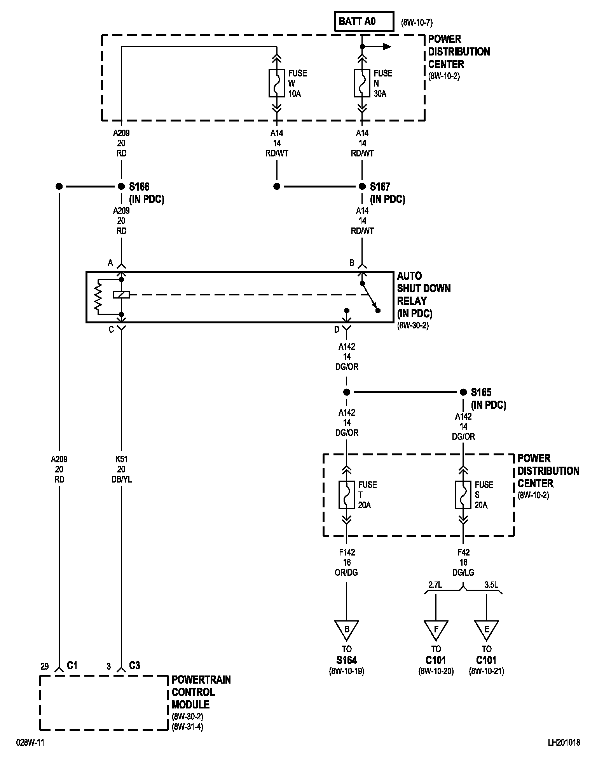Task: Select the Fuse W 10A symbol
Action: (276, 83)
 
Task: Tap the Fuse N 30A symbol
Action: (362, 83)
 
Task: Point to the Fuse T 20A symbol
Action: (346, 495)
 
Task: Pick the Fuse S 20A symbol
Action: (463, 495)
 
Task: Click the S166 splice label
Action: (139, 187)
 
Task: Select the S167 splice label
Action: (380, 187)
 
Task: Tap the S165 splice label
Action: (481, 392)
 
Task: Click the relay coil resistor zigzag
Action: (98, 297)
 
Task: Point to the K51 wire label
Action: (121, 459)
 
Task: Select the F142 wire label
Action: (347, 552)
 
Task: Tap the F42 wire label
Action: (463, 552)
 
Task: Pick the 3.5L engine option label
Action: (491, 585)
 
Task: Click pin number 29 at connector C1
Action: (45, 667)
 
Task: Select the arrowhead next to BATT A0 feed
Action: (387, 47)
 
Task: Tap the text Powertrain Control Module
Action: (201, 692)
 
